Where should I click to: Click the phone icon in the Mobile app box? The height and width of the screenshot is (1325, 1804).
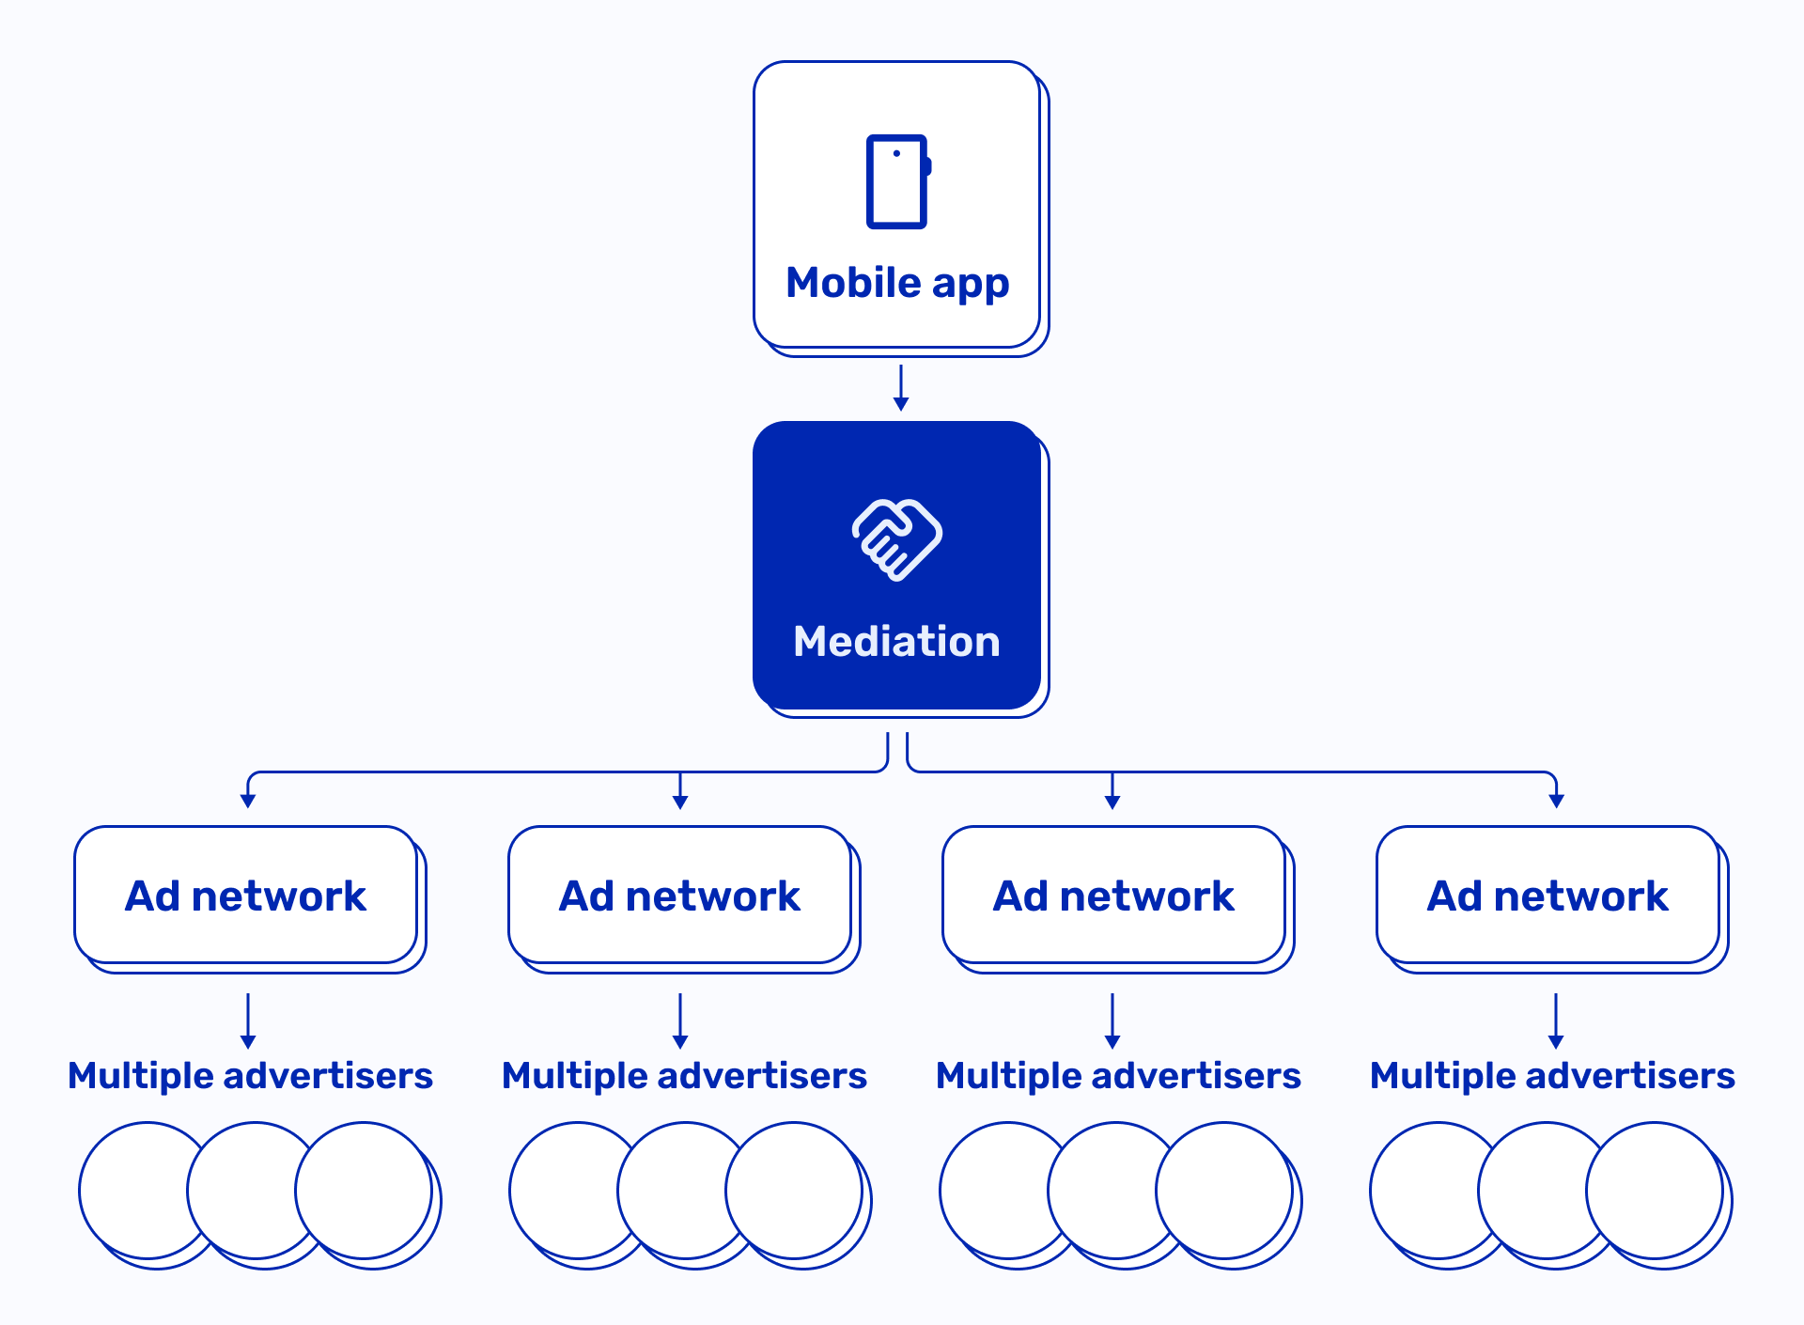click(x=897, y=181)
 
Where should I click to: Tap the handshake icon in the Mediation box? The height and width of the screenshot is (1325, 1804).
click(x=897, y=539)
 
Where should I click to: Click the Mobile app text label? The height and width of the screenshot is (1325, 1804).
click(x=897, y=283)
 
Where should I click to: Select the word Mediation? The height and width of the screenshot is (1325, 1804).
click(x=897, y=642)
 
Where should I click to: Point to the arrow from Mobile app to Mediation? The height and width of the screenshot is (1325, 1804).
click(x=901, y=387)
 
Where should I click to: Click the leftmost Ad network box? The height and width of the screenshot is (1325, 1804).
click(x=246, y=896)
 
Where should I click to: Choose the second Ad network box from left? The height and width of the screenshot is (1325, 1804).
click(x=680, y=896)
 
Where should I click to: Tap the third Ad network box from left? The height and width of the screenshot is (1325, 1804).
click(x=1114, y=896)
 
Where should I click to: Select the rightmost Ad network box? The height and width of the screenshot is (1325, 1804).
click(x=1548, y=896)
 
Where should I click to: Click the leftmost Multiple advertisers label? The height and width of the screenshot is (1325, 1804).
click(x=250, y=1076)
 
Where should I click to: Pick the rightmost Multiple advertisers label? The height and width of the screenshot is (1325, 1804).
click(x=1552, y=1076)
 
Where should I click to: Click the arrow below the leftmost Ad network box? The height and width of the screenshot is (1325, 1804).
click(x=248, y=1021)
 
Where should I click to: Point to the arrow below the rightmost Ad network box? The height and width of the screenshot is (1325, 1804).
click(x=1556, y=1021)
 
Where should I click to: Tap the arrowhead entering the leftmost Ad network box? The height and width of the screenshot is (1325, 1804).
click(x=248, y=801)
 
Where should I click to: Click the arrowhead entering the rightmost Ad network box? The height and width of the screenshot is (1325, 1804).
click(x=1557, y=801)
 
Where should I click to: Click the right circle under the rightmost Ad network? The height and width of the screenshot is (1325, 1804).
click(x=1655, y=1190)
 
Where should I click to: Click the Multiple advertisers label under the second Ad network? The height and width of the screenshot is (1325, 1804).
click(x=684, y=1076)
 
